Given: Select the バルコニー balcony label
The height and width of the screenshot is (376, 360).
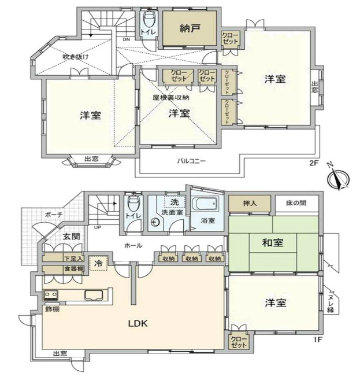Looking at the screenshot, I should [191, 161].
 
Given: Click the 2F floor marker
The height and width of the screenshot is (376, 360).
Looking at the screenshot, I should [313, 163].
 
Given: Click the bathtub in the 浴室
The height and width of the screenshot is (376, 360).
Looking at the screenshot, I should [205, 205].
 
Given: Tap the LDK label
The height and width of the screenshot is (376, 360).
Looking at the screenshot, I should [138, 323].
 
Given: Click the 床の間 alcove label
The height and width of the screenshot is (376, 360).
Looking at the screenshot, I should [295, 204].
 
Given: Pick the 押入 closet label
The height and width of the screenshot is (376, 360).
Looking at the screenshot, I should [249, 204].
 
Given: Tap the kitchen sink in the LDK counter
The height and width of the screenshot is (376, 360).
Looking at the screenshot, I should [93, 295].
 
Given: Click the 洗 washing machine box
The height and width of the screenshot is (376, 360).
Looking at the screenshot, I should [175, 202].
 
